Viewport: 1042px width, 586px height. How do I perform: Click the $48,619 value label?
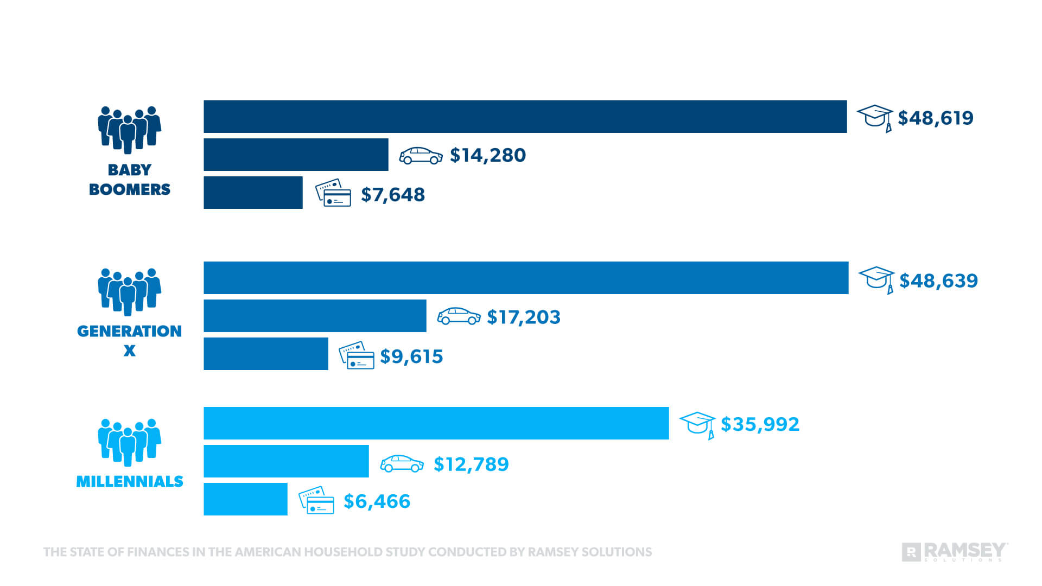click(935, 118)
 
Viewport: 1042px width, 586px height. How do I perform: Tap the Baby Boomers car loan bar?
click(296, 155)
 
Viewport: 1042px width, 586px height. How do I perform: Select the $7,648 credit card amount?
click(392, 194)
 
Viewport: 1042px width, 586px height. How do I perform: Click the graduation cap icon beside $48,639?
click(876, 279)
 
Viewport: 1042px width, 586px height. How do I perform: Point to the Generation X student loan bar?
click(525, 278)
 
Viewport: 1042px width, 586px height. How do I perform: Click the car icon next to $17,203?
click(459, 316)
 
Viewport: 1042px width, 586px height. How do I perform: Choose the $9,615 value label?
click(411, 356)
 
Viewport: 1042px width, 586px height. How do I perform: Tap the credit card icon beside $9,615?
click(357, 355)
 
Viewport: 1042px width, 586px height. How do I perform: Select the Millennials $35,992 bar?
click(436, 423)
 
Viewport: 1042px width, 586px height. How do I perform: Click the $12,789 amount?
click(471, 464)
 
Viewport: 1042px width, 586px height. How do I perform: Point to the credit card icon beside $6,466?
click(316, 500)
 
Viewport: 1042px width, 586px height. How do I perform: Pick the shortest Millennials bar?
click(245, 499)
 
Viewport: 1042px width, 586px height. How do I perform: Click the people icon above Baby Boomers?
click(129, 129)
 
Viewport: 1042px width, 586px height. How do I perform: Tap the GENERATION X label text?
click(129, 332)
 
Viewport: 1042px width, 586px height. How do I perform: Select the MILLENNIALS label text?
click(129, 482)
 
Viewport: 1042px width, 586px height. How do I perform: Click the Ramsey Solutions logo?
click(955, 552)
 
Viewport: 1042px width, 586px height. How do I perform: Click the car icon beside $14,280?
click(421, 156)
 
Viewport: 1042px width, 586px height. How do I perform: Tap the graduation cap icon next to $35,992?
click(697, 424)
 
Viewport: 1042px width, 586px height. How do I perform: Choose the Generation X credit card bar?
click(265, 354)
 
